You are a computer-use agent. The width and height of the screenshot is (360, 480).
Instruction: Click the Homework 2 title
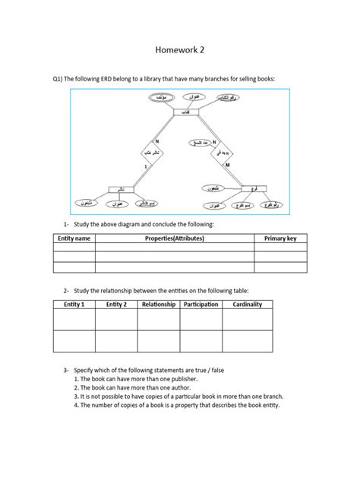point(179,49)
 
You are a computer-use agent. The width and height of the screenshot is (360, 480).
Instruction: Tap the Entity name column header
point(74,238)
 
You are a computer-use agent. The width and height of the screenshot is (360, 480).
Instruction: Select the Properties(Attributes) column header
point(174,238)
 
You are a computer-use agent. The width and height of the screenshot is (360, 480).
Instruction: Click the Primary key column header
point(285,238)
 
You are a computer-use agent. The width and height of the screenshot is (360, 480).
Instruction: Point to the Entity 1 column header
point(74,305)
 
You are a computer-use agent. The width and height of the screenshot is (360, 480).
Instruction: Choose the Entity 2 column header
point(115,305)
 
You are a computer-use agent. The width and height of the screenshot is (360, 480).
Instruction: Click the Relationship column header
point(158,305)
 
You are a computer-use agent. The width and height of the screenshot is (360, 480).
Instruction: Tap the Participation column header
point(201,305)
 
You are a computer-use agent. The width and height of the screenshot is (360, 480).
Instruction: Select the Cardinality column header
point(247,305)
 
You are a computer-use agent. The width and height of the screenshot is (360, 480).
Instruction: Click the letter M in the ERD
point(227,165)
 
